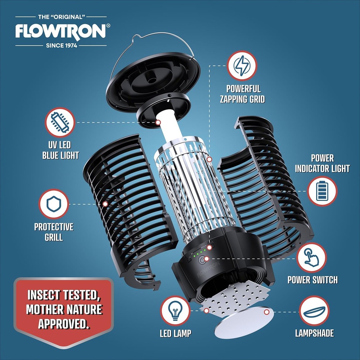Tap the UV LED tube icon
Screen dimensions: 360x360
click(60, 122)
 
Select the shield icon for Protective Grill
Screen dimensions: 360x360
click(54, 204)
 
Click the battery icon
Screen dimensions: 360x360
click(322, 191)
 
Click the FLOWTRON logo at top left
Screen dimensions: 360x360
click(61, 32)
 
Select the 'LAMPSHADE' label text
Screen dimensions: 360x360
click(314, 333)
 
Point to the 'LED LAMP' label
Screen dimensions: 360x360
click(175, 333)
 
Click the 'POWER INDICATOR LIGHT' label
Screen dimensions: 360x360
click(322, 163)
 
